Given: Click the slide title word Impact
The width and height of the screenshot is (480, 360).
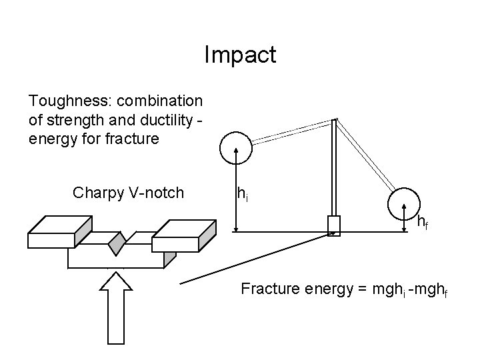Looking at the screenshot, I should [240, 55].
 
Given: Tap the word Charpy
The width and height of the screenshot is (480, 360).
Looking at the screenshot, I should [95, 193].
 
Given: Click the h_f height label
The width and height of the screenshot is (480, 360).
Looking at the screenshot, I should [422, 223].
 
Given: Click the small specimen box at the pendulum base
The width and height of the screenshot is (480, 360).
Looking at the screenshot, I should [333, 225].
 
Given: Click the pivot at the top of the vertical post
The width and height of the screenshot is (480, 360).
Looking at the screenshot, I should [334, 121].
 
